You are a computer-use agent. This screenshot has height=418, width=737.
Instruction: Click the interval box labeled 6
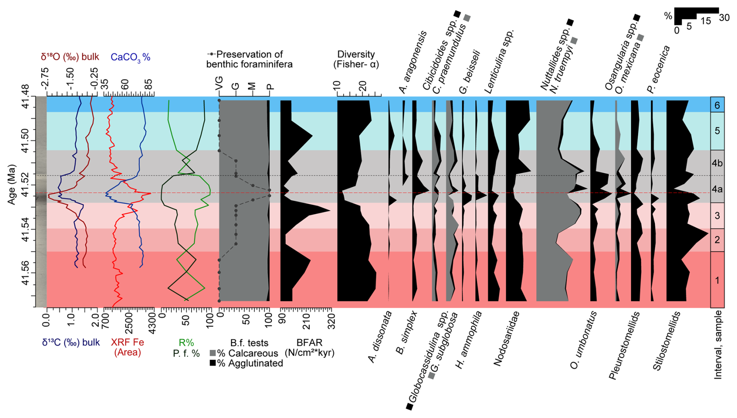[717, 105]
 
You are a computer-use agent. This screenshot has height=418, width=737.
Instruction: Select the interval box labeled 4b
[717, 163]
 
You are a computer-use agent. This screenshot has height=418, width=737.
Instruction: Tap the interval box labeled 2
[717, 240]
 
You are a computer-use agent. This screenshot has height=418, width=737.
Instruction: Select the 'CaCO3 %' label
[130, 57]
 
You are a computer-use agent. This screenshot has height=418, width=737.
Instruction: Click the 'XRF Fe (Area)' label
[127, 347]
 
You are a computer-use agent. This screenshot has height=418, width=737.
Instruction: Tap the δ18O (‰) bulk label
[70, 57]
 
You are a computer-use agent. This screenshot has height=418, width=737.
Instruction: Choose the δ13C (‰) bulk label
[71, 342]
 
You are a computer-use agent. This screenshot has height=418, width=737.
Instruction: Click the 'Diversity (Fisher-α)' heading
[356, 59]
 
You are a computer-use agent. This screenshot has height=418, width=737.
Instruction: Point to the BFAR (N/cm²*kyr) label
[310, 348]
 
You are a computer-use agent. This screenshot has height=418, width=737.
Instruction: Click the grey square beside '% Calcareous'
[213, 353]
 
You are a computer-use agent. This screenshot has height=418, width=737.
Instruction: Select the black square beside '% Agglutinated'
[213, 363]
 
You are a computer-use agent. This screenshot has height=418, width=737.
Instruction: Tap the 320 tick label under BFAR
[331, 321]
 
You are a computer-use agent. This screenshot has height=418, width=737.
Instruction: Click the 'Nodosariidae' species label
[506, 339]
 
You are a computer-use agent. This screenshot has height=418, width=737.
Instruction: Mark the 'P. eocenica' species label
[658, 69]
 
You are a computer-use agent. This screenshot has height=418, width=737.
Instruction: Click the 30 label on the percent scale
[724, 18]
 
